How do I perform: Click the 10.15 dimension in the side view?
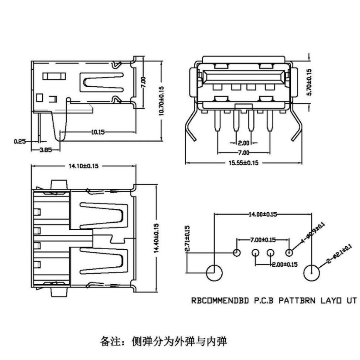[x=98, y=132]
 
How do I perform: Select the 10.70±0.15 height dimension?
[x=161, y=101]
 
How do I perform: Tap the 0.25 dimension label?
[x=20, y=141]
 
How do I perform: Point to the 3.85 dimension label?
[x=46, y=150]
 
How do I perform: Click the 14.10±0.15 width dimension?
[x=83, y=166]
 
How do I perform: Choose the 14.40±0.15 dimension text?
[x=156, y=238]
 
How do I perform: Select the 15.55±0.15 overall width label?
[x=243, y=163]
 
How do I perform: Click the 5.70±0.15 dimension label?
[x=309, y=82]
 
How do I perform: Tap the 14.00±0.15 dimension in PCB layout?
[x=263, y=214]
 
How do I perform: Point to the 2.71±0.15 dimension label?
[x=187, y=239]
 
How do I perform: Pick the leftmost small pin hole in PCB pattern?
[x=237, y=253]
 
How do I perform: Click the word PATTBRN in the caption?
[x=297, y=301]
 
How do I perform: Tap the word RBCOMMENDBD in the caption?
[x=220, y=301]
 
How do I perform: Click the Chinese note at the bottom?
[x=163, y=341]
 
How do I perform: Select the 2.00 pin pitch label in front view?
[x=243, y=143]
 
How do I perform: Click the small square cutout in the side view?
[x=40, y=98]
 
